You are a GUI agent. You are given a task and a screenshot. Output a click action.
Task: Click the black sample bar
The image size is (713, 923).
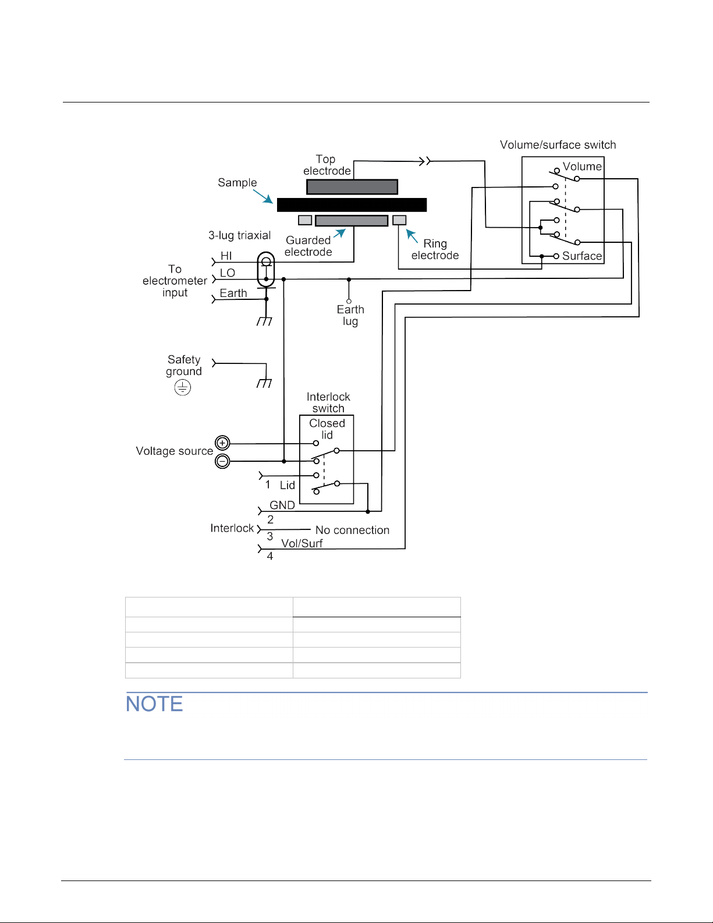tap(352, 205)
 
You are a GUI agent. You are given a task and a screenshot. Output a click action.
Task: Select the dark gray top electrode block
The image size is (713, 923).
tap(352, 187)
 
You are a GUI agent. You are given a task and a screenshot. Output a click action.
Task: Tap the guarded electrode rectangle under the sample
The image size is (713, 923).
tap(352, 221)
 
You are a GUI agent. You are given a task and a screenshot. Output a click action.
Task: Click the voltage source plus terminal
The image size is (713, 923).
tap(222, 443)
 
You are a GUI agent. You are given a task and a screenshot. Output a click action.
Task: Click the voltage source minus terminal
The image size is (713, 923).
tap(222, 461)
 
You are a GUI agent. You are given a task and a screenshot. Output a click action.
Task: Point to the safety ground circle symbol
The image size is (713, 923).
tap(183, 387)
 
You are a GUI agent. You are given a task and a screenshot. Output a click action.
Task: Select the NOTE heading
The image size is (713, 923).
tap(154, 704)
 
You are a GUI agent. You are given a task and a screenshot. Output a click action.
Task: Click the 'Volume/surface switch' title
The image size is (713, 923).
tap(558, 145)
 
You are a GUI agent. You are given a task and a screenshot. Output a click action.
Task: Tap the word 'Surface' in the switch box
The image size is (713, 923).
tap(582, 256)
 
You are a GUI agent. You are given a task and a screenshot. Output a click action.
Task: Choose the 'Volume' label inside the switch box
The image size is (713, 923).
tap(582, 166)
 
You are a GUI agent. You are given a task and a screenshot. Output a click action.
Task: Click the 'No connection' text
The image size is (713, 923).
tap(352, 530)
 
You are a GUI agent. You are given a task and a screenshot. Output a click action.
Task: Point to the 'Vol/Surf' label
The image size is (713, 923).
tap(301, 543)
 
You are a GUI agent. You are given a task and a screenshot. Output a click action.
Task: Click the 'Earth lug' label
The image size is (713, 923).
tap(350, 315)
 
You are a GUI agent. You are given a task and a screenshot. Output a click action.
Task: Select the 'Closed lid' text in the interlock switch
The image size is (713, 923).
tap(327, 429)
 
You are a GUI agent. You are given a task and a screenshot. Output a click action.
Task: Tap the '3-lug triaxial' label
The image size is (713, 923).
tap(239, 235)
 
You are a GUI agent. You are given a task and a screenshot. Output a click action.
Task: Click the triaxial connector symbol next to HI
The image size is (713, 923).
tap(266, 269)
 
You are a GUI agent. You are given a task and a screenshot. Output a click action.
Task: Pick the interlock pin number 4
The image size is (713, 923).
tap(270, 556)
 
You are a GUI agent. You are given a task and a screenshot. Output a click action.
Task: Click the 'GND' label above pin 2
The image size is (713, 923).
tap(282, 505)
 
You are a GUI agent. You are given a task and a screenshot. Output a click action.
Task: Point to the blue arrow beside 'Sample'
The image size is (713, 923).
tap(263, 197)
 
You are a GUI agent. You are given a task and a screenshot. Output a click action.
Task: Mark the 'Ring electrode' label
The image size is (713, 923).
tap(435, 249)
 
